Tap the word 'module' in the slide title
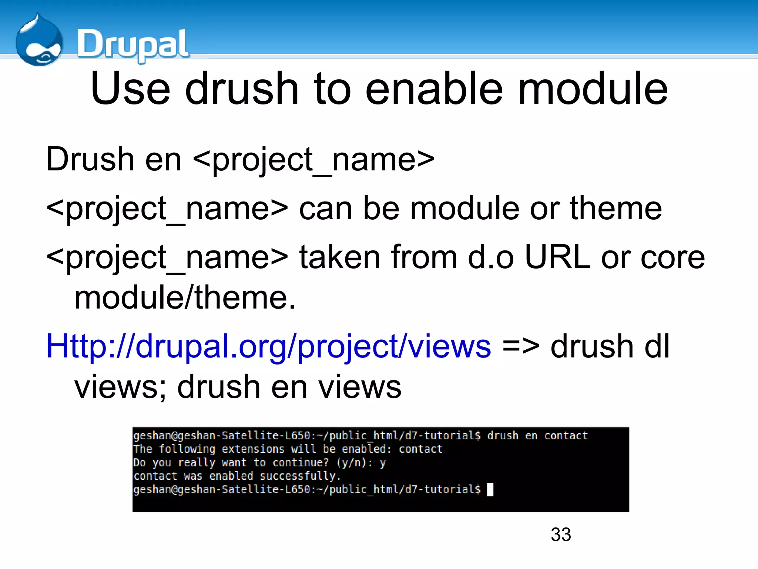coord(593,89)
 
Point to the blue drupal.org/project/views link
coord(268,346)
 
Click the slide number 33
coord(561,535)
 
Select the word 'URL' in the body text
coord(557,257)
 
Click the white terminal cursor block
coord(490,489)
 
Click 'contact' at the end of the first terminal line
coord(566,436)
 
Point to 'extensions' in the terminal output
coord(253,449)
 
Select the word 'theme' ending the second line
coord(616,209)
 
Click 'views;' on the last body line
coord(120,387)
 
